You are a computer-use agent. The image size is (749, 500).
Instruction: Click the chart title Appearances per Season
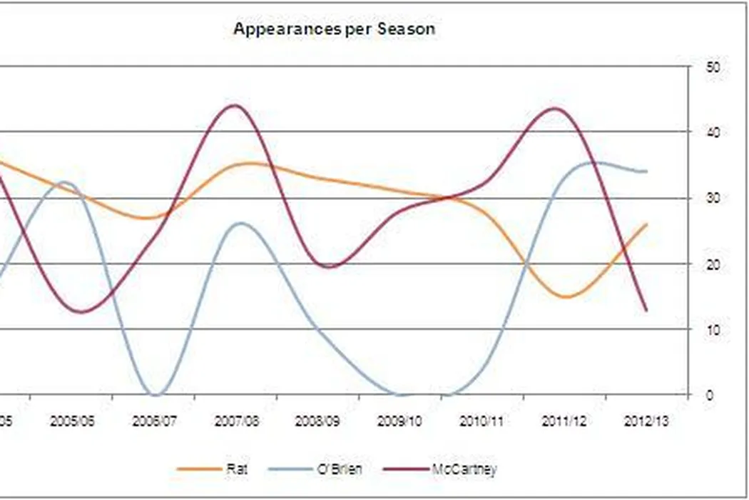click(334, 29)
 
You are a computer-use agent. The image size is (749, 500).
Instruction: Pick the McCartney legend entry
click(464, 469)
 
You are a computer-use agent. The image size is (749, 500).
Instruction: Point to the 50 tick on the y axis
click(712, 66)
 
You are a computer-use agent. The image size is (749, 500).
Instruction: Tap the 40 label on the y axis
click(712, 132)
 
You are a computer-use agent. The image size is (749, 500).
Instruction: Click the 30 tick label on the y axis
click(712, 198)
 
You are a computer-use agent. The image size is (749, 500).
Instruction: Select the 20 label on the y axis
click(712, 264)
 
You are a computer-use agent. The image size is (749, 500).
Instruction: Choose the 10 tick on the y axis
click(712, 329)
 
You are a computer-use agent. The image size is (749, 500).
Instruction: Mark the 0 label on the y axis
click(709, 395)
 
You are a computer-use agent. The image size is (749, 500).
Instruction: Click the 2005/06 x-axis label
click(72, 421)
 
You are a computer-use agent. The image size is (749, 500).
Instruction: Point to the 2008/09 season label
click(319, 421)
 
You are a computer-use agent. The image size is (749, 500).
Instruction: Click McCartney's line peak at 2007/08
click(236, 106)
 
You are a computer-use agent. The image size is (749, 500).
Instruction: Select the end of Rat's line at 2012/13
click(646, 224)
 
